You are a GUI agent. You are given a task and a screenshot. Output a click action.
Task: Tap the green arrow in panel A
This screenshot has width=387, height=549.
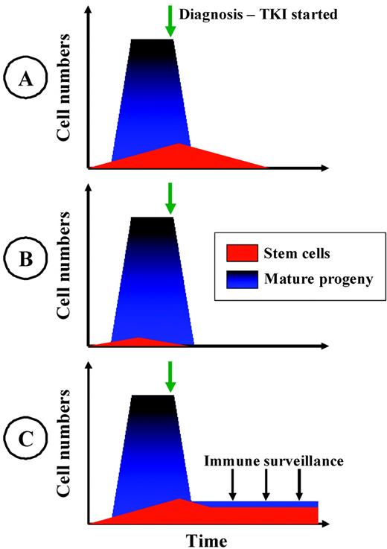(170, 22)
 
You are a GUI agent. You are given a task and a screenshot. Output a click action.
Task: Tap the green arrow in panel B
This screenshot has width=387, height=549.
(170, 198)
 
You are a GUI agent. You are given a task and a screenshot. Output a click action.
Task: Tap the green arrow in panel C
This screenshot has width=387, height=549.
(170, 377)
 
